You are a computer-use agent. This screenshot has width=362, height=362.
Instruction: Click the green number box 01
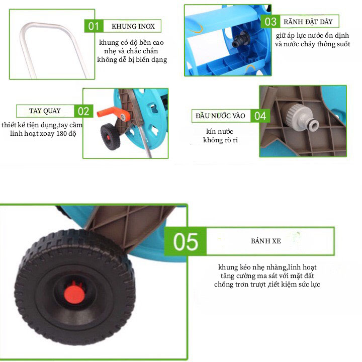[x=94, y=26]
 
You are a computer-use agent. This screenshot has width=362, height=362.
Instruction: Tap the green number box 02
[x=83, y=111]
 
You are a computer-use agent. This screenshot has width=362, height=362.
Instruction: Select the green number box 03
[x=270, y=22]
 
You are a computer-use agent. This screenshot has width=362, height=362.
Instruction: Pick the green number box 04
[x=260, y=116]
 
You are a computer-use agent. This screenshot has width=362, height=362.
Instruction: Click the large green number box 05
[x=186, y=241]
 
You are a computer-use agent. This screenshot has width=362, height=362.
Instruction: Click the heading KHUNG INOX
[x=133, y=26]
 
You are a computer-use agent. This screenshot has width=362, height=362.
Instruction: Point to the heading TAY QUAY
[x=45, y=111]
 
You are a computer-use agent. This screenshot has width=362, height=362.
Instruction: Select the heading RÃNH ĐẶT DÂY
[x=308, y=22]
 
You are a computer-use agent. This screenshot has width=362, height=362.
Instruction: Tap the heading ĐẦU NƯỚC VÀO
[x=221, y=116]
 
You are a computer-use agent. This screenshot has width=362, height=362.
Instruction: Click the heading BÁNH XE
[x=266, y=241]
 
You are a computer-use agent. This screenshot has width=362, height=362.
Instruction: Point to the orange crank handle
[x=114, y=113]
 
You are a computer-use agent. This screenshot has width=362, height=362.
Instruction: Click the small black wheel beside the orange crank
[x=110, y=137]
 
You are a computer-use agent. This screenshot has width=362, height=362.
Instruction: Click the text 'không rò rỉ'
[x=220, y=140]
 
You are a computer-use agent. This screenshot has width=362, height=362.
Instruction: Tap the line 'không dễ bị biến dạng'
[x=132, y=59]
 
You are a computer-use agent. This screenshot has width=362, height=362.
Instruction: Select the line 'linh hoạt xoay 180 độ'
[x=43, y=133]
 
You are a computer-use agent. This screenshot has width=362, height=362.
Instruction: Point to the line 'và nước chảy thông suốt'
[x=312, y=44]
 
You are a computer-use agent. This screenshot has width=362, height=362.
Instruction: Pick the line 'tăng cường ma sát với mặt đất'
[x=267, y=276]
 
